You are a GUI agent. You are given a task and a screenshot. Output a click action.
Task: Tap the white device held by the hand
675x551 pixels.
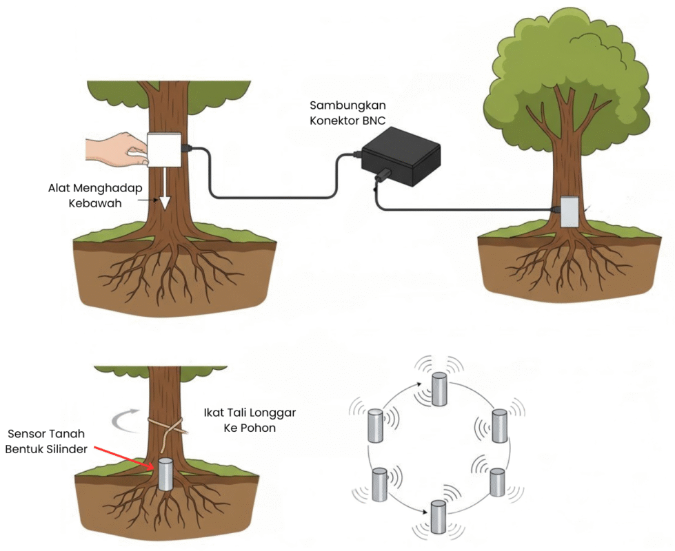pyautogui.click(x=165, y=149)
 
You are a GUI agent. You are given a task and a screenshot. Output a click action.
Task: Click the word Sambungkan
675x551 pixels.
pyautogui.click(x=347, y=105)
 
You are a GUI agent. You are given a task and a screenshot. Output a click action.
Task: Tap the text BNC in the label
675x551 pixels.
pyautogui.click(x=381, y=120)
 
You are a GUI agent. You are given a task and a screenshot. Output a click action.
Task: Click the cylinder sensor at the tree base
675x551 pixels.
pyautogui.click(x=165, y=475)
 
